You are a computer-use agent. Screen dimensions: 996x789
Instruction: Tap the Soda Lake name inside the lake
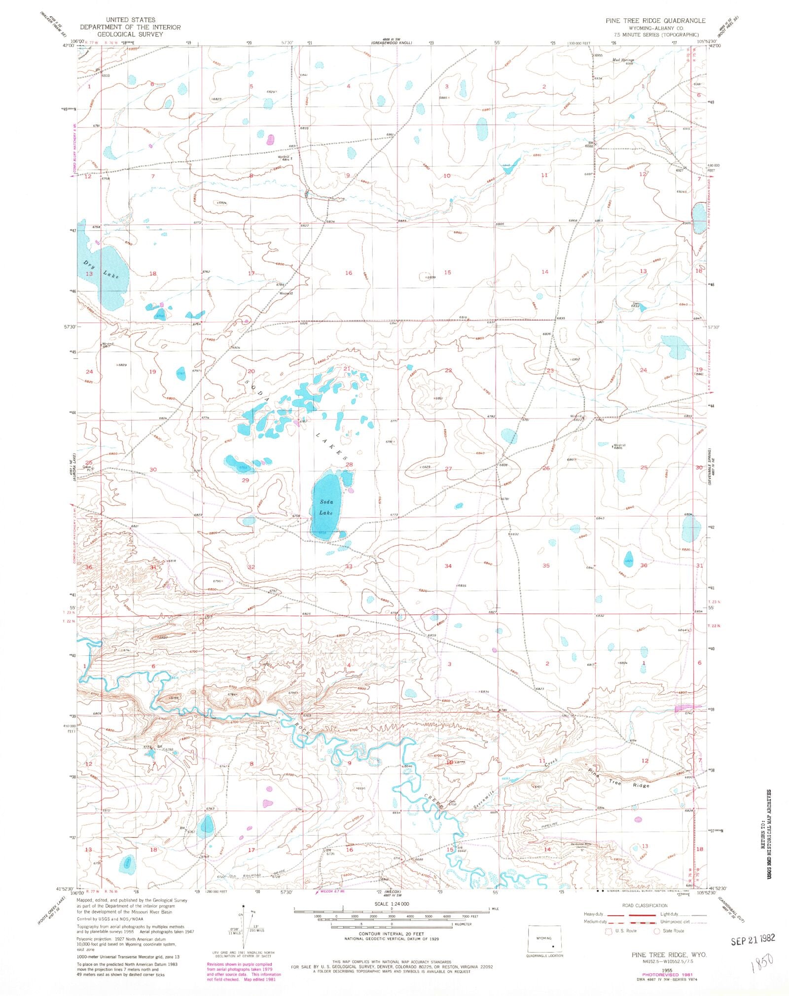tap(326, 507)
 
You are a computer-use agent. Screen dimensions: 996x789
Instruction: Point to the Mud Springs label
tap(622, 60)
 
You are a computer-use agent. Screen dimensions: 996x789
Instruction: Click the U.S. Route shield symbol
tap(610, 931)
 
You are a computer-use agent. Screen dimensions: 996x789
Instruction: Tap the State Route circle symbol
tap(656, 931)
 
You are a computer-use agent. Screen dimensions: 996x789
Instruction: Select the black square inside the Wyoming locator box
tap(553, 947)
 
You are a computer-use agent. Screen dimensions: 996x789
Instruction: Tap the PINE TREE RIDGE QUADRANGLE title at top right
tap(655, 21)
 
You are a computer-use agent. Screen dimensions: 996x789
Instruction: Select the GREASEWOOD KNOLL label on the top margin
tap(393, 43)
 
